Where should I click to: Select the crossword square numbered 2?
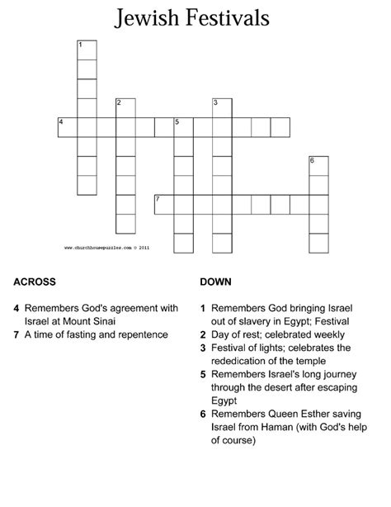[x=125, y=106]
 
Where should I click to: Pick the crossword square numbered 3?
[x=222, y=106]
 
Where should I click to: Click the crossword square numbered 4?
[x=67, y=126]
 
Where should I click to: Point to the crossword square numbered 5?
[x=183, y=126]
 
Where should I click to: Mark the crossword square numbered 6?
[x=318, y=164]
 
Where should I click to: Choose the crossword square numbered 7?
[x=164, y=203]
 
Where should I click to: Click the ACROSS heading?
[x=35, y=282]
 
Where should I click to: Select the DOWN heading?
[x=216, y=282]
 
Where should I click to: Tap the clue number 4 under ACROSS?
[x=16, y=308]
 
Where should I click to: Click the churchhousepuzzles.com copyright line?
[x=107, y=246]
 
